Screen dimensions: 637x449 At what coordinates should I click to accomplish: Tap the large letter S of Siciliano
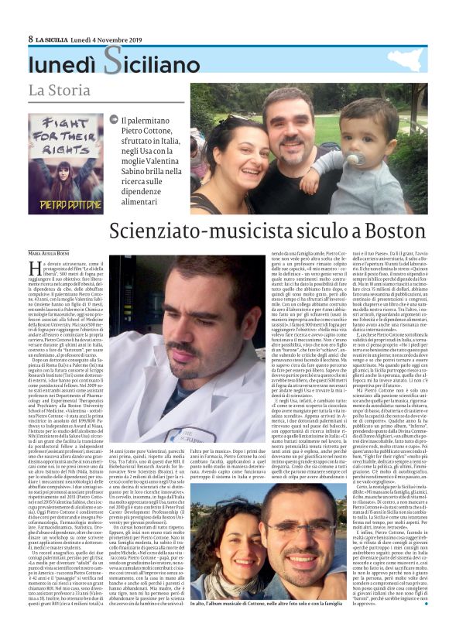point(113,60)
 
